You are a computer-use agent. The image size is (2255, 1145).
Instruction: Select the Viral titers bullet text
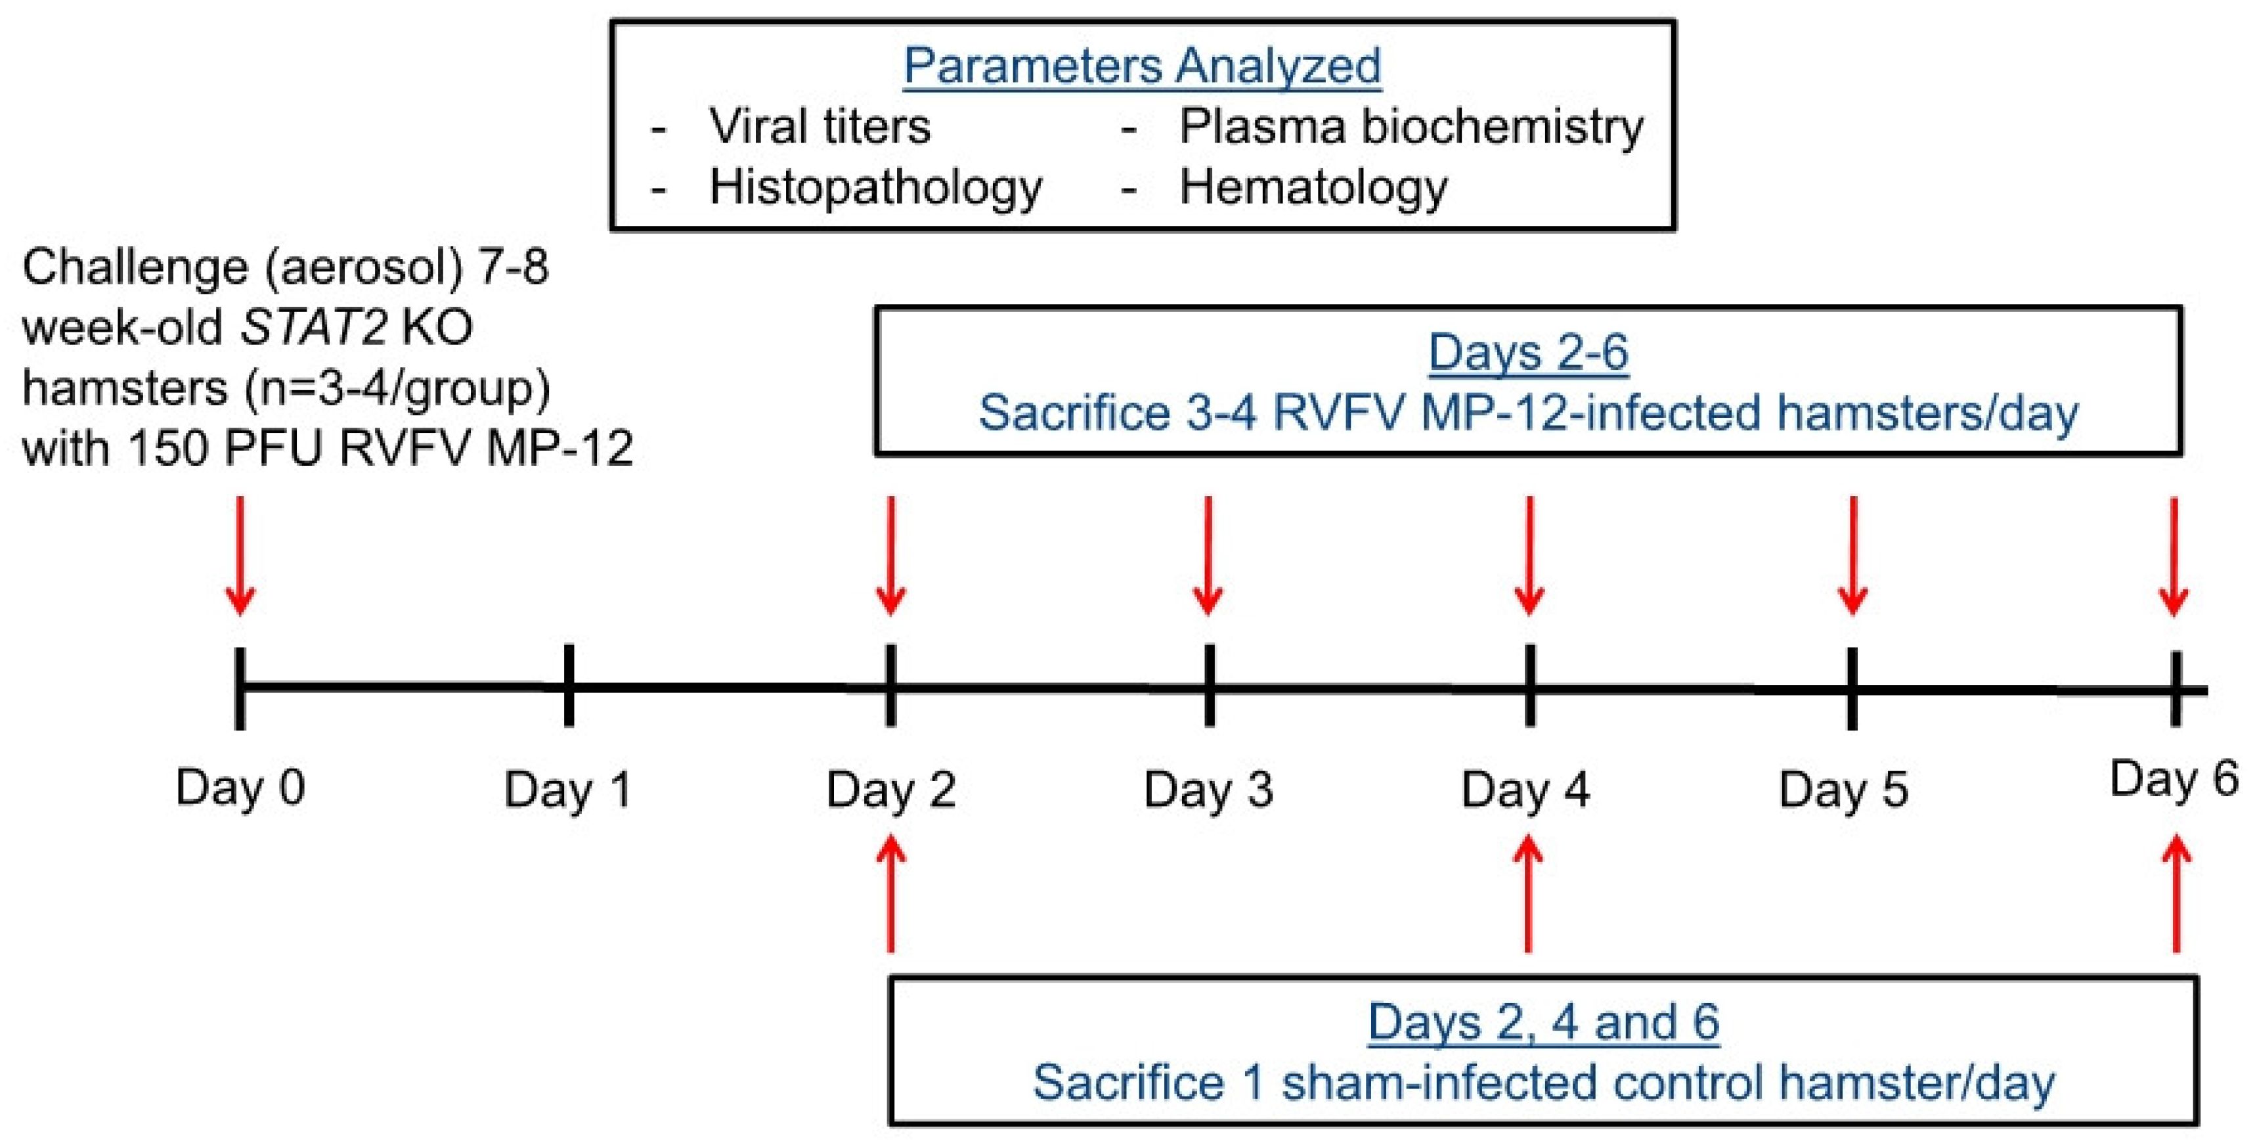click(820, 127)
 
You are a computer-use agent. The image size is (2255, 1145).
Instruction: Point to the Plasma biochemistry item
click(1411, 127)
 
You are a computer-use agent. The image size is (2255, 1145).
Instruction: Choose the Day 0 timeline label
click(240, 787)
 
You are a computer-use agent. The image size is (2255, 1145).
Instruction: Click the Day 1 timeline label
click(568, 789)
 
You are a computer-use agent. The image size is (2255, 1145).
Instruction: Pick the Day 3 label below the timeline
click(1208, 789)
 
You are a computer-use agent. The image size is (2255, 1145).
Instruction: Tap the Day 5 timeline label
click(1843, 789)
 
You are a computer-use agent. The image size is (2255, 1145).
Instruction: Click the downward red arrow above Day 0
click(241, 556)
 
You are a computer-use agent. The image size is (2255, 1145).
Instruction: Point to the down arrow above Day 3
click(1208, 556)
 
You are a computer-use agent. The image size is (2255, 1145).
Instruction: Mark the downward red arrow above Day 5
click(1852, 556)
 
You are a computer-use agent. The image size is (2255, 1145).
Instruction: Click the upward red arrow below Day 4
click(1529, 893)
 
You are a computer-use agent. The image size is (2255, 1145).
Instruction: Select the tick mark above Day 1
click(569, 685)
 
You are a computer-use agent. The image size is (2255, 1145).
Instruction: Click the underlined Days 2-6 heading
click(1529, 353)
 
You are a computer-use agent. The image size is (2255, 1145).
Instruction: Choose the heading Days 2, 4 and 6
click(1543, 1022)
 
